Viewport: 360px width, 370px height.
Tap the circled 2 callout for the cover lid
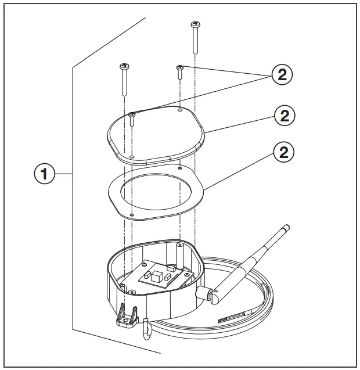(x=284, y=115)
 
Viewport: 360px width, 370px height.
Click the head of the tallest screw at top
(x=195, y=25)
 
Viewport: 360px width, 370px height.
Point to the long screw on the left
(x=124, y=78)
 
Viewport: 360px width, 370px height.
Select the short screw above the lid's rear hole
(x=181, y=70)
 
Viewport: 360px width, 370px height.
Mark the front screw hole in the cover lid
(x=132, y=156)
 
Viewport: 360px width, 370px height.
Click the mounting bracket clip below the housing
(x=128, y=318)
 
